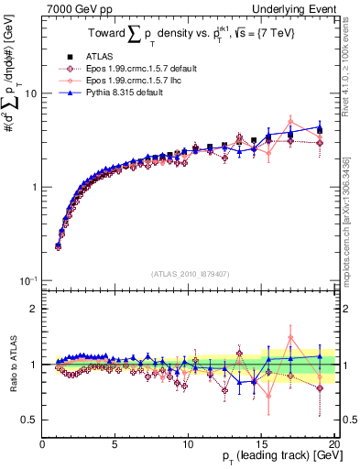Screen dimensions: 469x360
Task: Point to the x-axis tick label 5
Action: tap(115, 444)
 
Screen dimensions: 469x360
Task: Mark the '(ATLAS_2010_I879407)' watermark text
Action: tap(189, 273)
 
